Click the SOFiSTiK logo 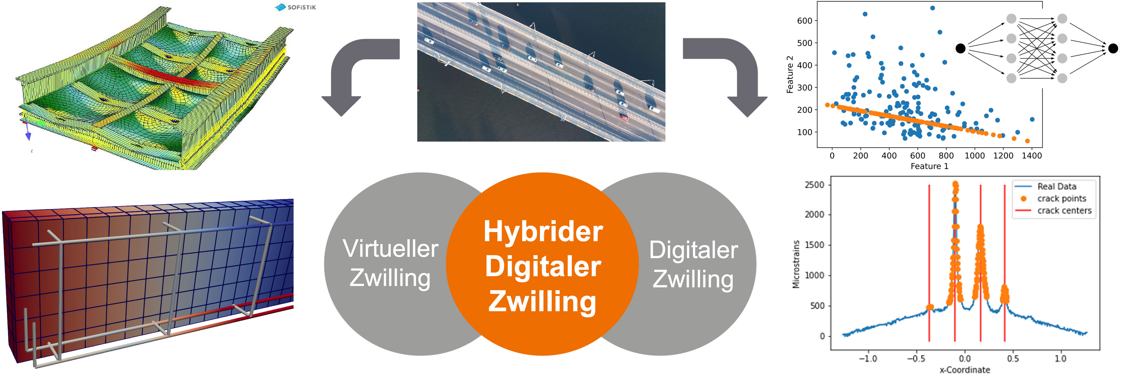tap(296, 8)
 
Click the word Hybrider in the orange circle tap(543, 231)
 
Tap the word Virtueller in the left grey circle tap(390, 249)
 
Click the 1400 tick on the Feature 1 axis tap(1031, 155)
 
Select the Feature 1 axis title tap(929, 166)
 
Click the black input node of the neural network tap(960, 48)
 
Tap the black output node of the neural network tap(1113, 48)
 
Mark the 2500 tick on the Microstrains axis tap(814, 185)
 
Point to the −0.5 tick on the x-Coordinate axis tap(916, 358)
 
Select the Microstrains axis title tap(796, 264)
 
